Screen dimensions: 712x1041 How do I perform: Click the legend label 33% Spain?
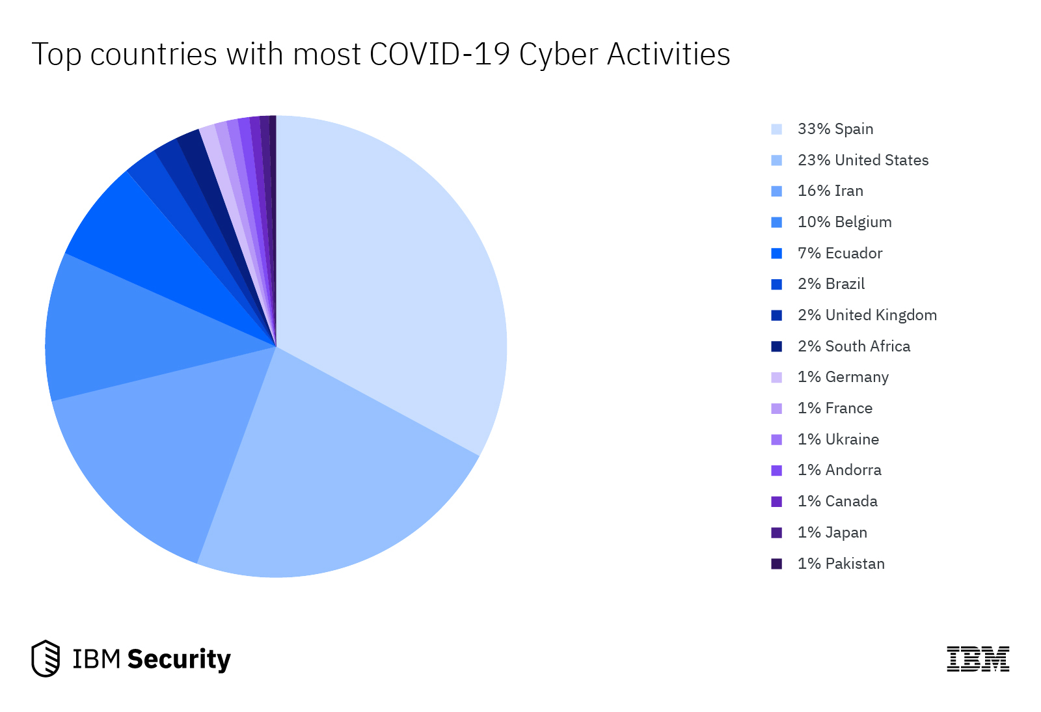click(835, 129)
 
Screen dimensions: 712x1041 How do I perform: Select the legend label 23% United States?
click(863, 160)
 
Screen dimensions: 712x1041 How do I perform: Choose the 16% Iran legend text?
click(830, 191)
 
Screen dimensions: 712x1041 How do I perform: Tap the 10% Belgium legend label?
click(845, 222)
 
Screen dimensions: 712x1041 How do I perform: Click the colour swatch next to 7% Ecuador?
click(776, 253)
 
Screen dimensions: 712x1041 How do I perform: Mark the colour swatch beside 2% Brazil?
click(776, 284)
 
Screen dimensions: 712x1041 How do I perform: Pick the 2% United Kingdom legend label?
click(867, 315)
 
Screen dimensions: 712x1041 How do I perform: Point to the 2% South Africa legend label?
click(854, 346)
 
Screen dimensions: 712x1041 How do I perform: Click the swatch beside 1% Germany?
click(776, 377)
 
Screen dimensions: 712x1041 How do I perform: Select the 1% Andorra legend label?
click(839, 470)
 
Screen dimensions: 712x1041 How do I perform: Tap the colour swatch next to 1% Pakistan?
click(776, 564)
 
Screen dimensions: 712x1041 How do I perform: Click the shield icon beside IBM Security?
click(46, 659)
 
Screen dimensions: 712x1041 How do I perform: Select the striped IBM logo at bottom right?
click(978, 659)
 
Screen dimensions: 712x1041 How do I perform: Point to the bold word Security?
click(179, 659)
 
